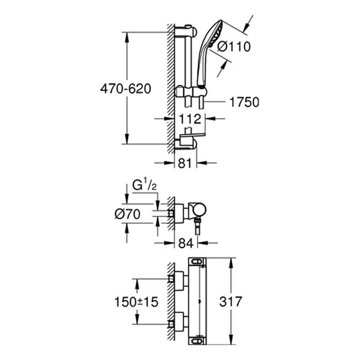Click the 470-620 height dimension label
125,88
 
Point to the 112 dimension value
185,119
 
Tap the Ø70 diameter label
127,213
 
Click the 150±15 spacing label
136,302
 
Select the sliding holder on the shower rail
190,92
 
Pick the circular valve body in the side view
199,211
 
